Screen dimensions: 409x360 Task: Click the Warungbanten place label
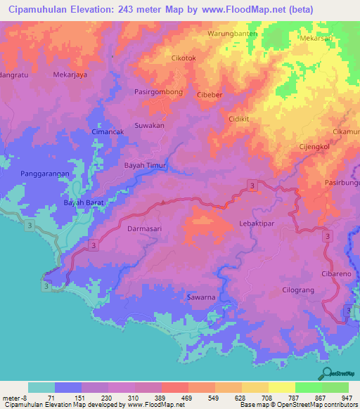[233, 33]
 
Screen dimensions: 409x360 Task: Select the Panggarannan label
[44, 174]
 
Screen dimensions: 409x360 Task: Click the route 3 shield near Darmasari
[93, 244]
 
